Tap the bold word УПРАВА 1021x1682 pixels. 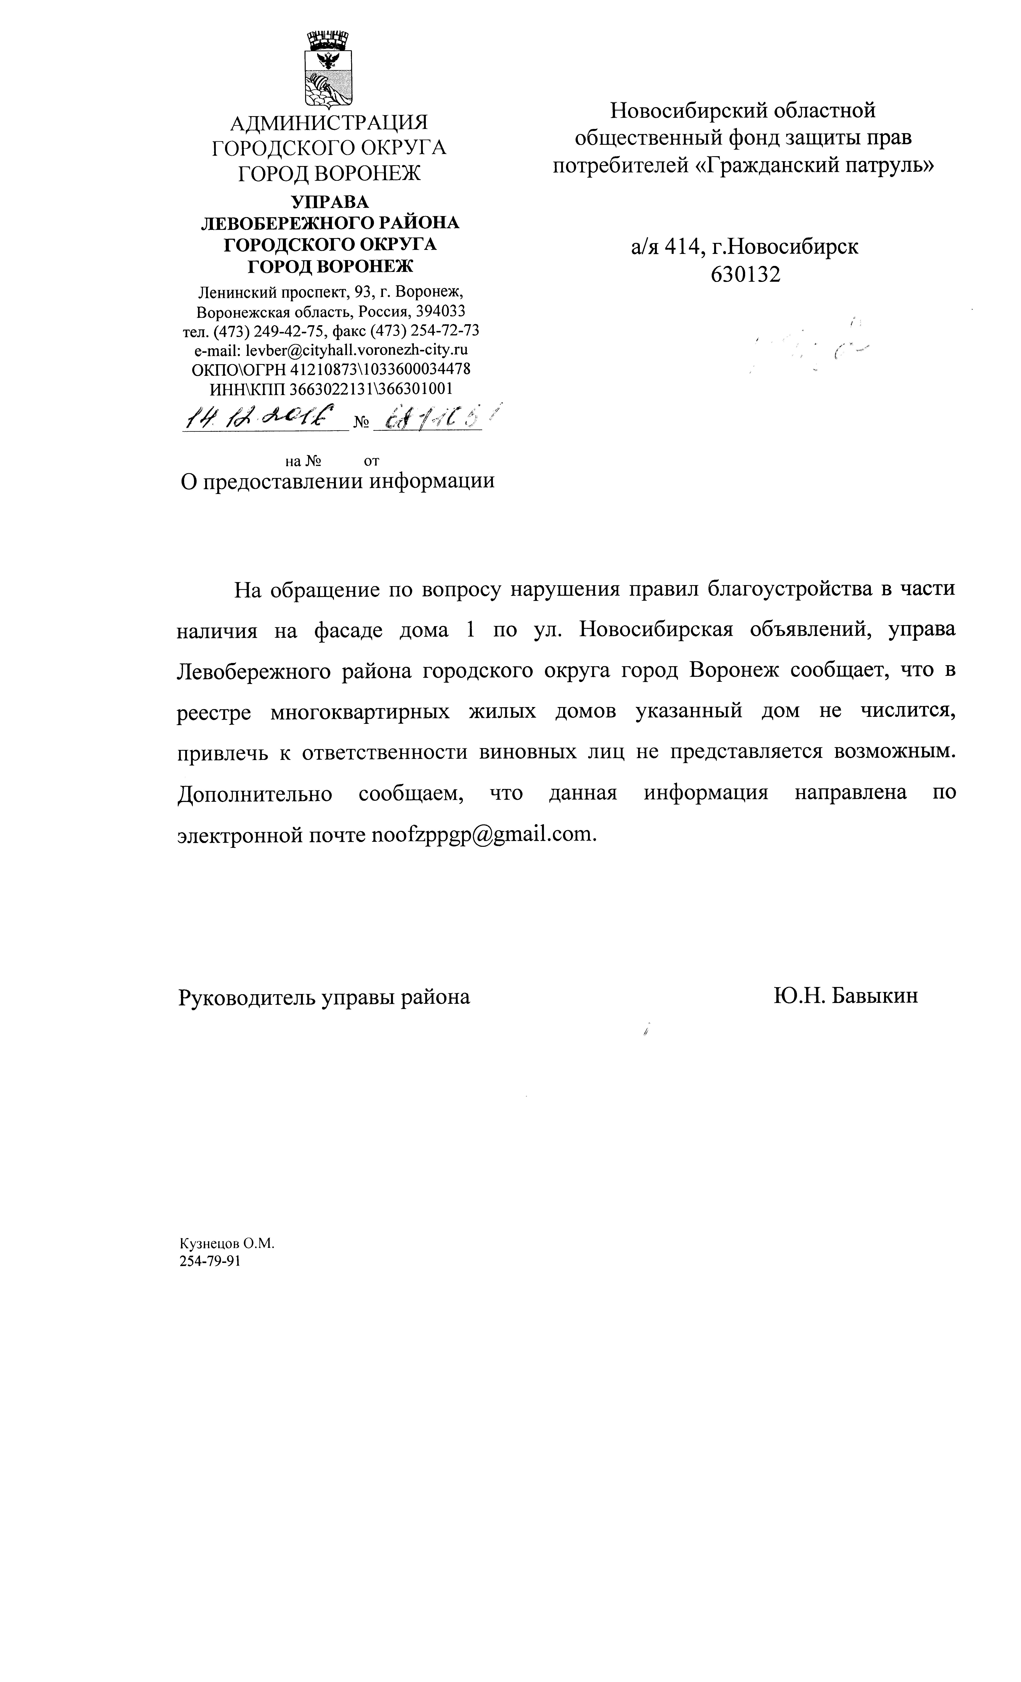pyautogui.click(x=329, y=202)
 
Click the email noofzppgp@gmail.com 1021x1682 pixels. pyautogui.click(x=482, y=834)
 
